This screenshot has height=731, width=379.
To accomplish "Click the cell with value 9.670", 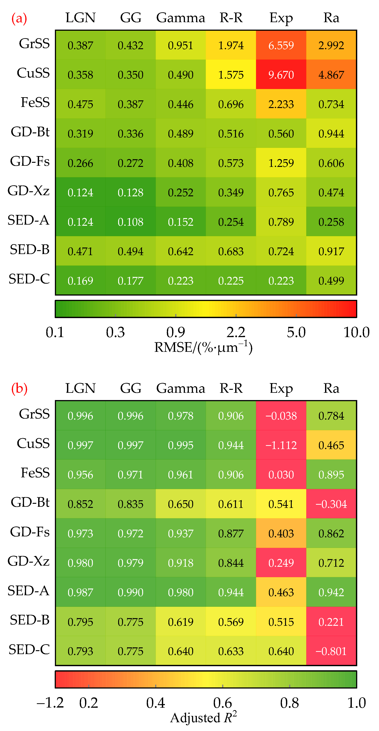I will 281,75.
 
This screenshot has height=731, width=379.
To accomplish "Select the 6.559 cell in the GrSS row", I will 281,45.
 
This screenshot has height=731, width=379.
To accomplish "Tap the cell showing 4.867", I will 331,75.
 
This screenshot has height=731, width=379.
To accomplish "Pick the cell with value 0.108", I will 130,222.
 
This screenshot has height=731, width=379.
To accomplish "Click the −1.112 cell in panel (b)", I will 281,445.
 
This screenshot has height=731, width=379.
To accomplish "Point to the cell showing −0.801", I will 331,651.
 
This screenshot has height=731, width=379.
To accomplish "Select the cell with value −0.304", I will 331,504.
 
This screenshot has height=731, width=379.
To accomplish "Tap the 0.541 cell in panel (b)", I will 281,504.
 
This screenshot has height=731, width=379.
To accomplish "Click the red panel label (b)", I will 19,389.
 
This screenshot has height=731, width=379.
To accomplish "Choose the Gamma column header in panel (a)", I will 181,18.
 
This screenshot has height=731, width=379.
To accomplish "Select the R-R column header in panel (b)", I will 231,388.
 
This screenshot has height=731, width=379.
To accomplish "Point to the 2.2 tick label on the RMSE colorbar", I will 236,332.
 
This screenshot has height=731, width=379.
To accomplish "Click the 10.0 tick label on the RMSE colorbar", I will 356,332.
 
